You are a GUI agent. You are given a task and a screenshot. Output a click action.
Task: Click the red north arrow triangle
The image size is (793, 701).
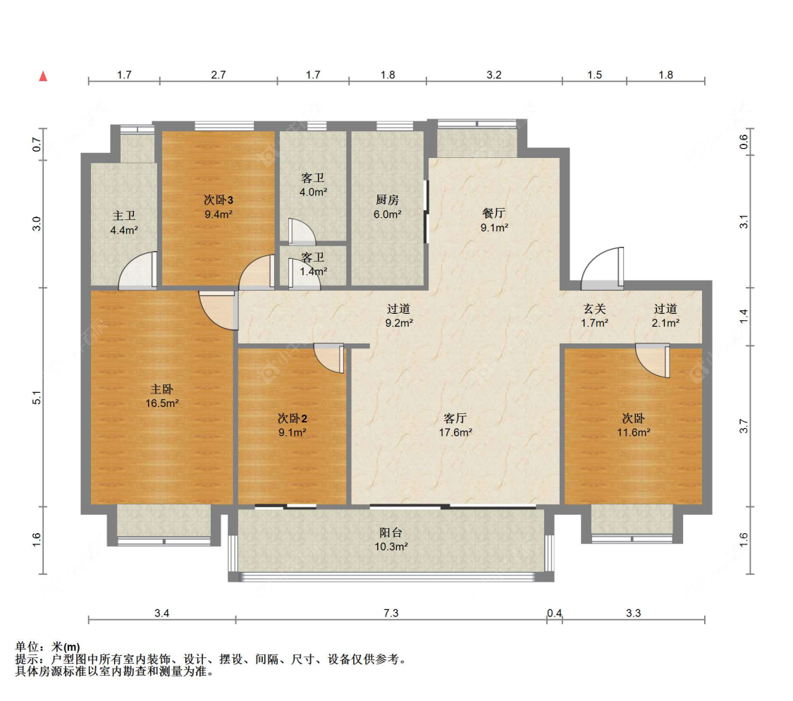(44, 76)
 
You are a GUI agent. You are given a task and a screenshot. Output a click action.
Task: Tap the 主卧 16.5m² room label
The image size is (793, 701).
(162, 396)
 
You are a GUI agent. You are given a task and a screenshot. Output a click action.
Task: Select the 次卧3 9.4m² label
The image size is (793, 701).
(219, 207)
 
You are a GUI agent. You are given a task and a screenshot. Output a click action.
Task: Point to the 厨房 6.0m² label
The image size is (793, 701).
(388, 207)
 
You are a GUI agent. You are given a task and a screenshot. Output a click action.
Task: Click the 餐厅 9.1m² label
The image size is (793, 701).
(494, 220)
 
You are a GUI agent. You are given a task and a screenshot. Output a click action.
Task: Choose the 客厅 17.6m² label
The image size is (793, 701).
(455, 425)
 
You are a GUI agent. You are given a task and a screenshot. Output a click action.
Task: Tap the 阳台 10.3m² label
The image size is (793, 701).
(391, 540)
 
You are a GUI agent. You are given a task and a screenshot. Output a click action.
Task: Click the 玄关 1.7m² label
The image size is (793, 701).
(594, 315)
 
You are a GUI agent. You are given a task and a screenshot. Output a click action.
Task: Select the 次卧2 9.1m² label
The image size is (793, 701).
(293, 425)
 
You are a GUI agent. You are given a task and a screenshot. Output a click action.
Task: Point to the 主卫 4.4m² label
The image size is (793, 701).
(124, 223)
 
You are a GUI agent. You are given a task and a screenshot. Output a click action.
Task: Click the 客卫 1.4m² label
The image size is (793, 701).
(313, 264)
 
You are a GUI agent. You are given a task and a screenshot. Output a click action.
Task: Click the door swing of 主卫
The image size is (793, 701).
(137, 271)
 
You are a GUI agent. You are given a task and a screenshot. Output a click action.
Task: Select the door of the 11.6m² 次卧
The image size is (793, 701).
(653, 360)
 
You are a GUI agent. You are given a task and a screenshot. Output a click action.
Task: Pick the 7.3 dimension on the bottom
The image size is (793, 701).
(391, 613)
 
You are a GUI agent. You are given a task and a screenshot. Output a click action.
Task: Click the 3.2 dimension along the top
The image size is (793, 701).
(494, 75)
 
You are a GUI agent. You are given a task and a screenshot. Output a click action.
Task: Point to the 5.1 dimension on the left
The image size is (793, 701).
(37, 398)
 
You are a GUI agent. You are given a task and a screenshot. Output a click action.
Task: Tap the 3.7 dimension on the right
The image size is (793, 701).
(744, 426)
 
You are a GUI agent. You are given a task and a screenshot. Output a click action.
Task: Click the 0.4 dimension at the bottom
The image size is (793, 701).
(554, 613)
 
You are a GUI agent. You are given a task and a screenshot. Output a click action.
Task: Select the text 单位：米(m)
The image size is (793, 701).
(47, 647)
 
